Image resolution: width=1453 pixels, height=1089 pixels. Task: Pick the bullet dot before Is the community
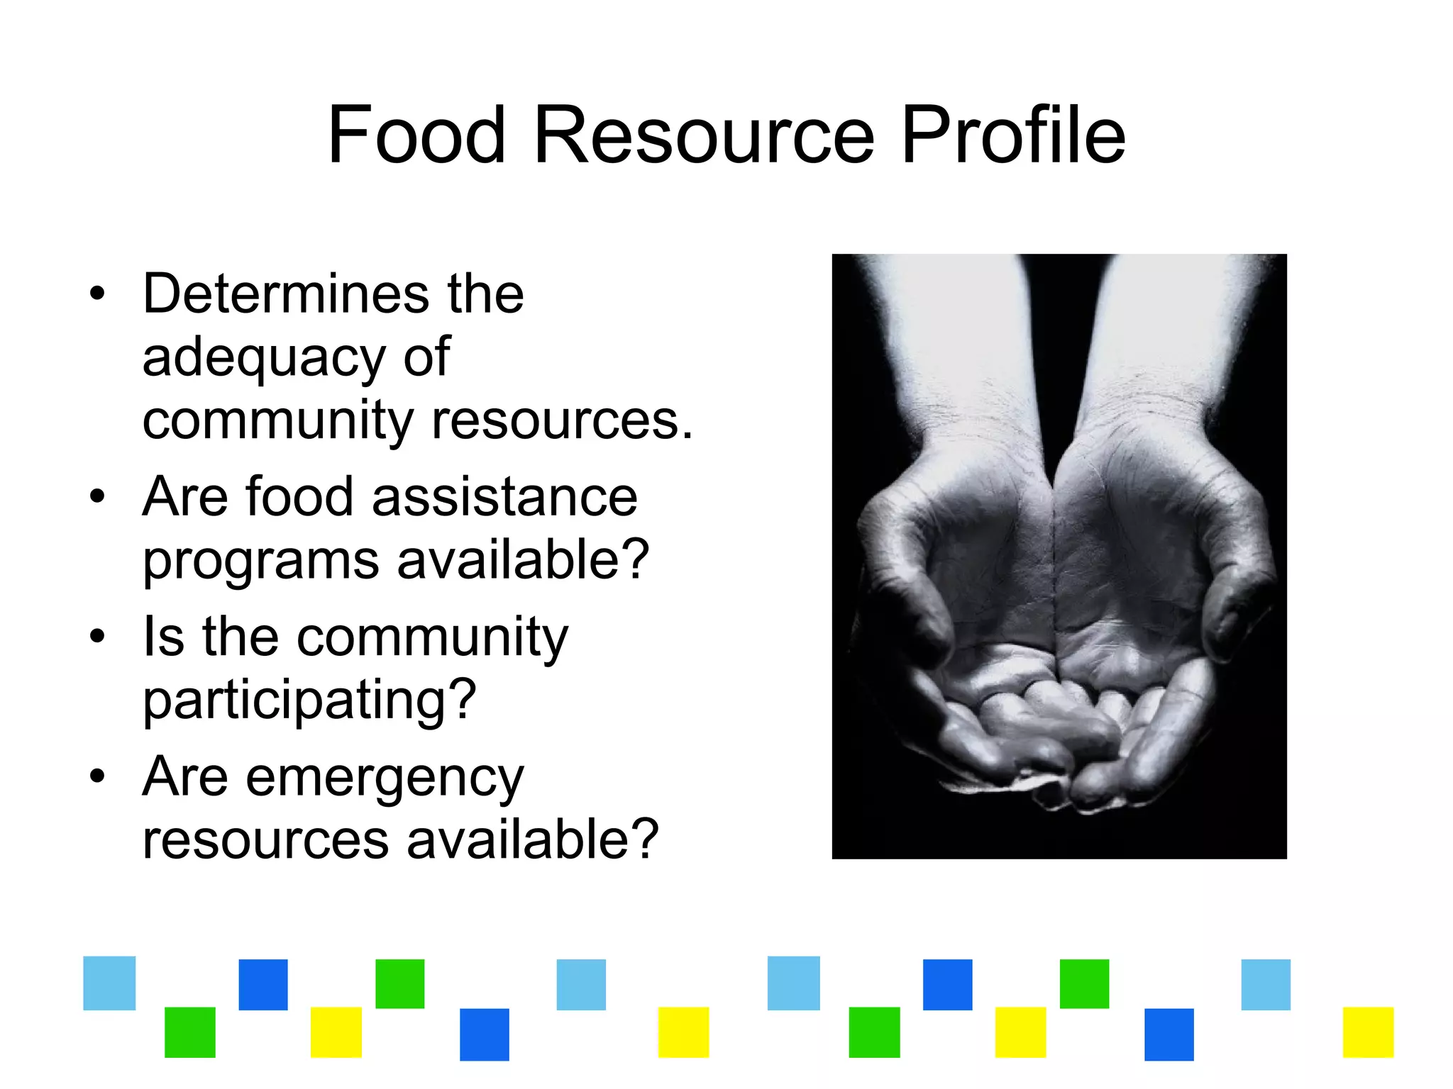point(97,636)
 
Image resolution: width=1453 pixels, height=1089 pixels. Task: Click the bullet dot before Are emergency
point(97,776)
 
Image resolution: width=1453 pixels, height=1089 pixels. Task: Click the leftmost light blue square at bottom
point(109,983)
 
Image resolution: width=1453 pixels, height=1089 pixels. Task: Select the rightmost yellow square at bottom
point(1368,1032)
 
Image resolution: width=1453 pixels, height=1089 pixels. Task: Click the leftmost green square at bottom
point(190,1032)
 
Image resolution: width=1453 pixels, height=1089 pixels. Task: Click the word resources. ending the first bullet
point(562,421)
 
